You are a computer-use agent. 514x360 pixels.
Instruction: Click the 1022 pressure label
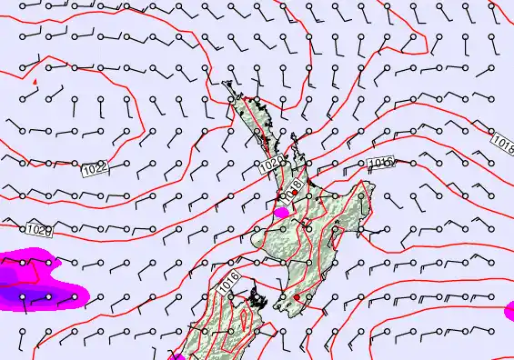pyautogui.click(x=95, y=168)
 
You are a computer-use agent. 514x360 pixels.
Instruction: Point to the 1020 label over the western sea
pyautogui.click(x=38, y=231)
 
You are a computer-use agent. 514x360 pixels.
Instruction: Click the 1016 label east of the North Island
pyautogui.click(x=381, y=164)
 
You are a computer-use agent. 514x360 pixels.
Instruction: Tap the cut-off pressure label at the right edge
pyautogui.click(x=504, y=144)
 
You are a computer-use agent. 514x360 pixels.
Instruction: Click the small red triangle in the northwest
pyautogui.click(x=35, y=82)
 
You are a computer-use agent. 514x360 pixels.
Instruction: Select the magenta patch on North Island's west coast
pyautogui.click(x=281, y=212)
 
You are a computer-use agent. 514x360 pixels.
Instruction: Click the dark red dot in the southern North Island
pyautogui.click(x=297, y=296)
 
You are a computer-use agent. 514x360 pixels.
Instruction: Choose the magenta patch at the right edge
pyautogui.click(x=509, y=312)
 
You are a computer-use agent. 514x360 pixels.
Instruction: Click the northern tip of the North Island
pyautogui.click(x=227, y=84)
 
